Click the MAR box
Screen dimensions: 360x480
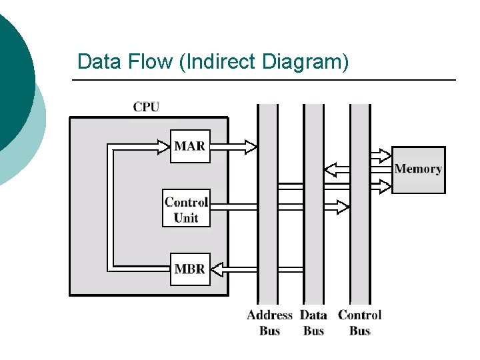[190, 146]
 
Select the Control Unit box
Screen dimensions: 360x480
[186, 209]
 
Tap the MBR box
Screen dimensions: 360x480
[190, 269]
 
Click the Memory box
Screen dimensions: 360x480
[418, 169]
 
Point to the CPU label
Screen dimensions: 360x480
[146, 107]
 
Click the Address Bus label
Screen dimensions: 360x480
[269, 323]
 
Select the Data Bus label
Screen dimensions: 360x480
[313, 323]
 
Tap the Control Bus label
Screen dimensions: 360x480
[359, 323]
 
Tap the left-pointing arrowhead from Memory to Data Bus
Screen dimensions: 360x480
[331, 171]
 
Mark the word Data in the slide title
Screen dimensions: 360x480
[97, 62]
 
